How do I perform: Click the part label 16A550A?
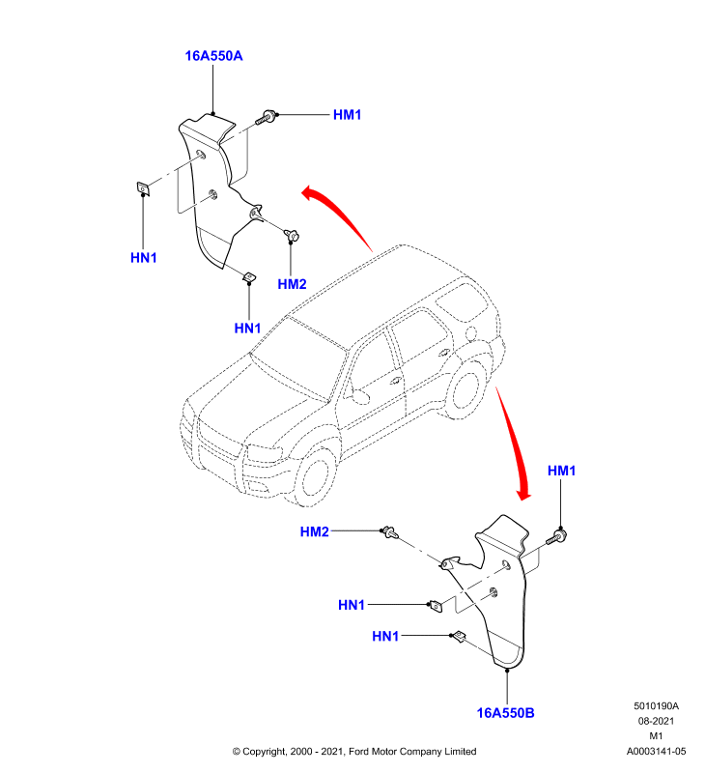(213, 56)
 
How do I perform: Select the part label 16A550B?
(505, 713)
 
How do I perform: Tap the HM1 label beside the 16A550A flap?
(348, 115)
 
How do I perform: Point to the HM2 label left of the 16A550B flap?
(314, 531)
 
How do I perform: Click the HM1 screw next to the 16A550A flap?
(265, 118)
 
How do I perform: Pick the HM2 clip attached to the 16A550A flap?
(292, 236)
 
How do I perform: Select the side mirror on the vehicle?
(357, 394)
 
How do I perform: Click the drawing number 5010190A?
(656, 706)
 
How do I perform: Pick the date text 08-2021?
(656, 721)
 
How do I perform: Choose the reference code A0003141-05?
(656, 752)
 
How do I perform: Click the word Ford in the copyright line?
(359, 752)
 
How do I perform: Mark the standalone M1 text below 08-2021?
(656, 736)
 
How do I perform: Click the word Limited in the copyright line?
(460, 752)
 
